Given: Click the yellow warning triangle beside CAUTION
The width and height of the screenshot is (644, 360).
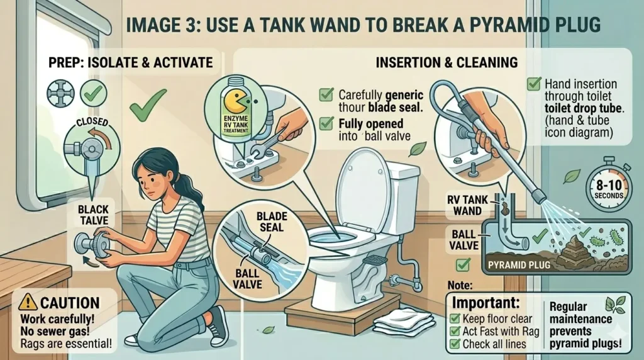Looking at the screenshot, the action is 28,302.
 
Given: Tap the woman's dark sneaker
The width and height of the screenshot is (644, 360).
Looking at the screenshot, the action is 218,327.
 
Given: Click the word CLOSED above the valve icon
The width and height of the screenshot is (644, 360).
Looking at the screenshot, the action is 92,123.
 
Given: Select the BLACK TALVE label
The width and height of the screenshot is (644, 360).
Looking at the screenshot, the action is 94,215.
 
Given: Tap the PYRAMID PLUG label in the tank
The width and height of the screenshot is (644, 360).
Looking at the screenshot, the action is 519,265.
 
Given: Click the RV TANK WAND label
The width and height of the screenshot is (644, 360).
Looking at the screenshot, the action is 467,205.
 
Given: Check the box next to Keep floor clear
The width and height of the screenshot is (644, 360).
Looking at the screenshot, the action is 454,318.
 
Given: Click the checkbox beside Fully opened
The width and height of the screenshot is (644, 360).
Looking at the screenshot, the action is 326,123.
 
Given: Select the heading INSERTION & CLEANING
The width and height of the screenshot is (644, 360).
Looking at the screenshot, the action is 447,62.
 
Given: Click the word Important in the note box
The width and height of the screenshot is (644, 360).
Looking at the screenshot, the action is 486,303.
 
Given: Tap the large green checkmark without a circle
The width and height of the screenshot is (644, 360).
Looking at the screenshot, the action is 147,104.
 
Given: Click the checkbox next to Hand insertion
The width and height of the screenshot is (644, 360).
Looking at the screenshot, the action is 534,84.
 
